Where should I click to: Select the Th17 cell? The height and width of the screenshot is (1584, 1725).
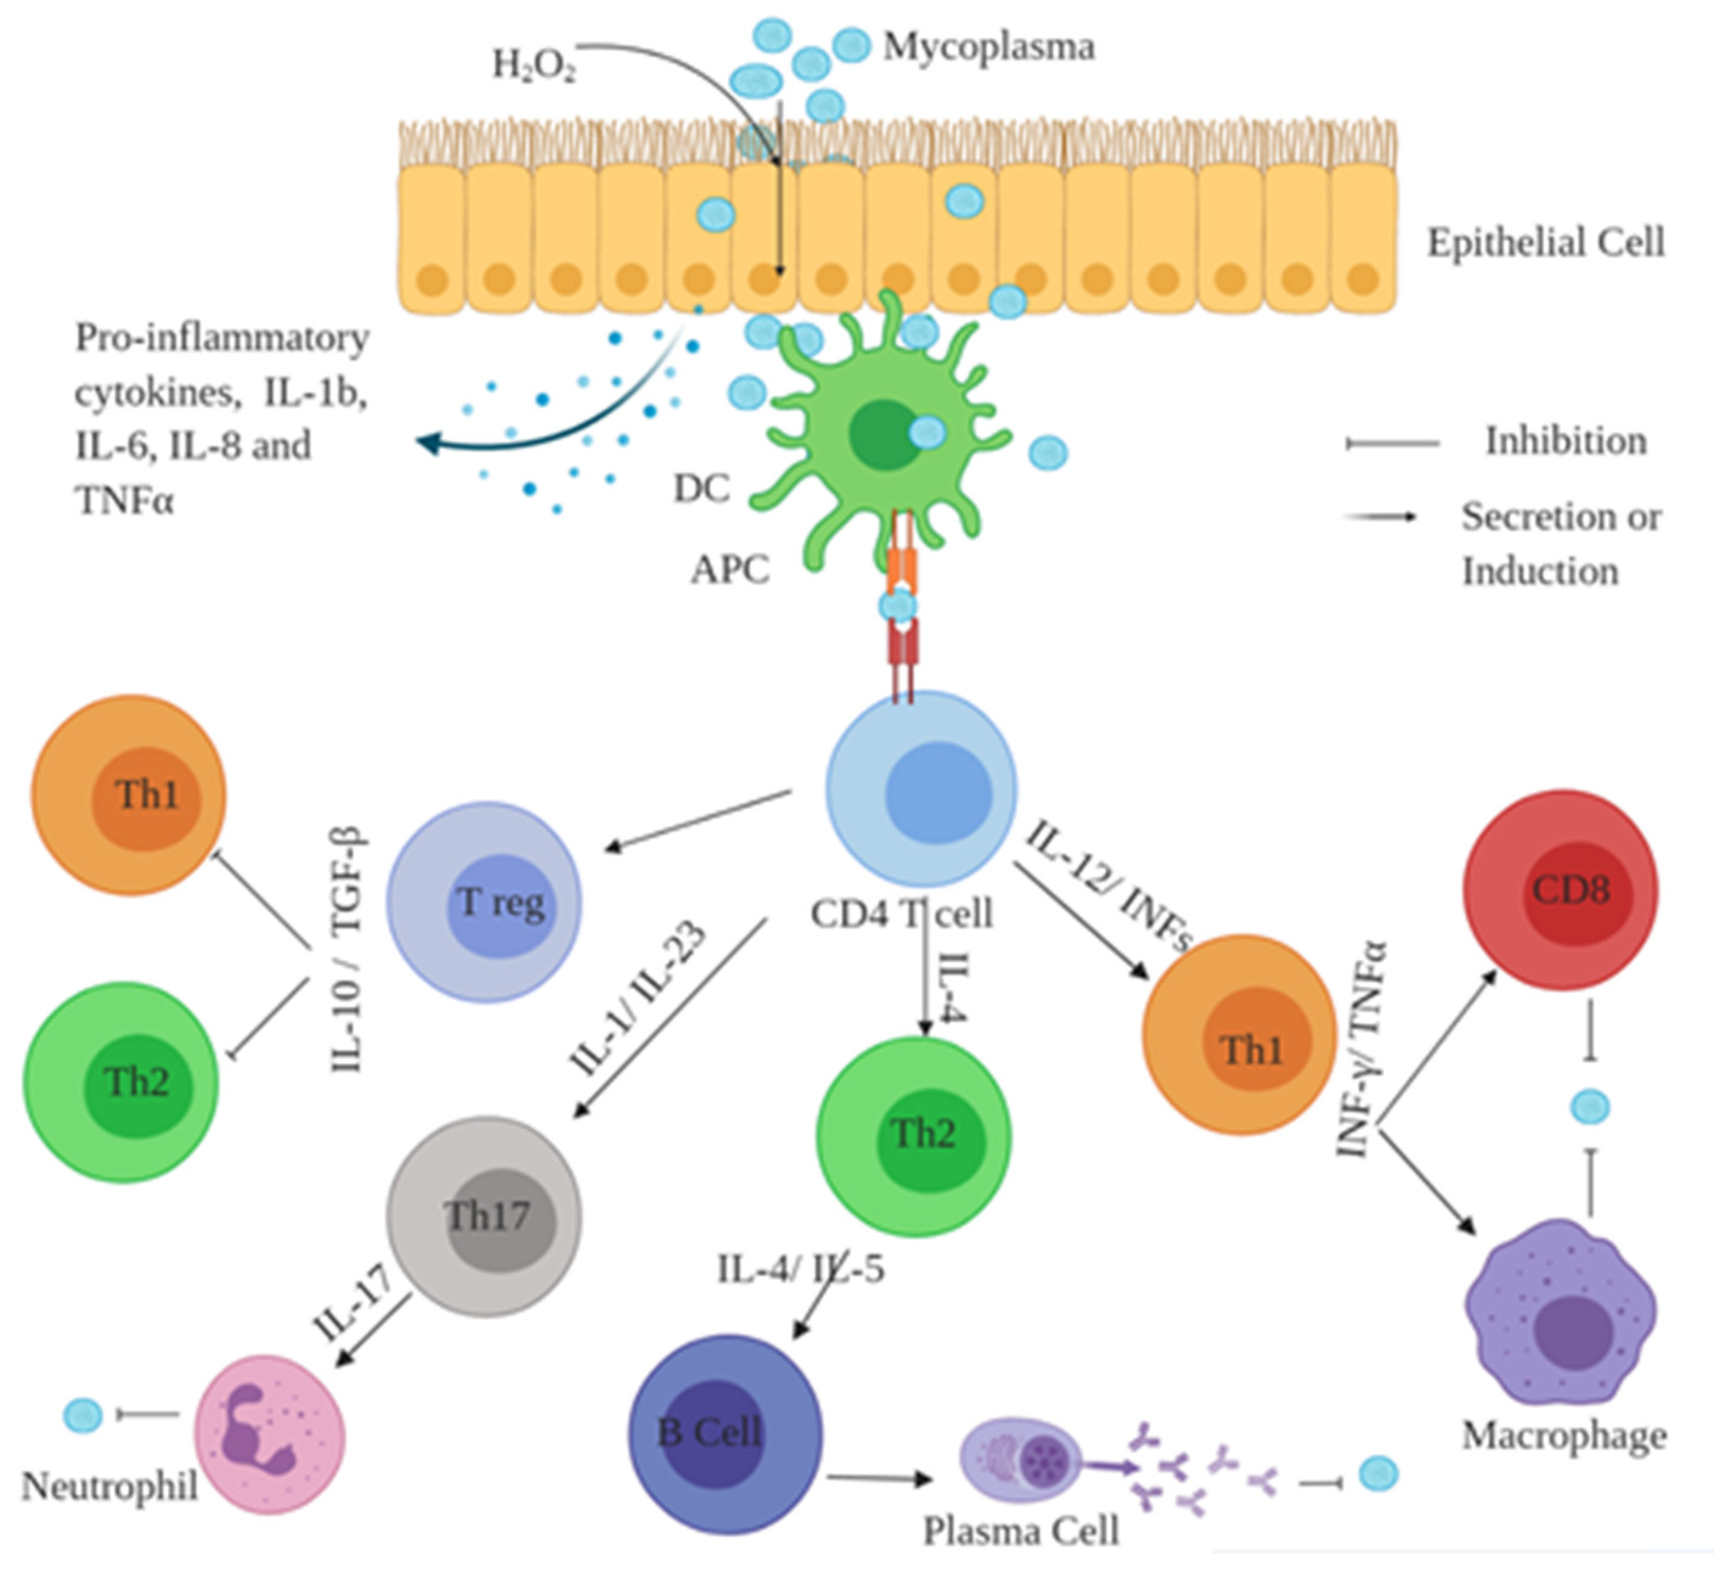tap(485, 1216)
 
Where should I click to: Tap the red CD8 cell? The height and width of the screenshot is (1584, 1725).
tap(1560, 890)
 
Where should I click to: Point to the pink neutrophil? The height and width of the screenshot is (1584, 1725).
tap(269, 1433)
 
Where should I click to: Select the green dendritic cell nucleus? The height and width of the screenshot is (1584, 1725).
tap(883, 435)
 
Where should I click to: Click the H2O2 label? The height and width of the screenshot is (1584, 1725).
tap(533, 65)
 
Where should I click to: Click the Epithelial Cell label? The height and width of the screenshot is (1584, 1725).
tap(1545, 243)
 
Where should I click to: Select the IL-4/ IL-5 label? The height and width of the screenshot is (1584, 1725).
tap(800, 1269)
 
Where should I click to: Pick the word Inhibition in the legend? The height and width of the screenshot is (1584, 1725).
tap(1566, 441)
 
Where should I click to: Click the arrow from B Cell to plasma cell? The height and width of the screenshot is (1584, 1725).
tap(879, 1477)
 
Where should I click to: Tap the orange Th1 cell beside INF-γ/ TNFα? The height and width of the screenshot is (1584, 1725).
tap(1239, 1035)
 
